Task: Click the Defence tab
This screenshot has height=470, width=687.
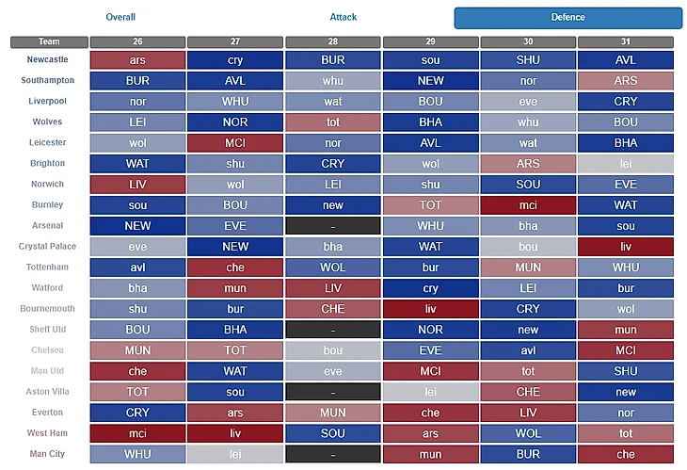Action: point(567,17)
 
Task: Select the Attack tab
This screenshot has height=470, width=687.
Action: point(343,17)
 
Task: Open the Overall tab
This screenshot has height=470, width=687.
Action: point(120,17)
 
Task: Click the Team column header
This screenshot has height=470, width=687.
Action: point(49,41)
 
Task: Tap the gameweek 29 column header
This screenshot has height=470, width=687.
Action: point(430,41)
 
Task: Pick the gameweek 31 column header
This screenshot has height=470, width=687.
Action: point(626,41)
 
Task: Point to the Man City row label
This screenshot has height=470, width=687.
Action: point(47,453)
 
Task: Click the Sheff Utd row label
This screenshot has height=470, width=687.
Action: point(47,329)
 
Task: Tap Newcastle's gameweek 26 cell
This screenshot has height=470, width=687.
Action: point(137,59)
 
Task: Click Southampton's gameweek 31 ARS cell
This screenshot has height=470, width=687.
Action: point(626,80)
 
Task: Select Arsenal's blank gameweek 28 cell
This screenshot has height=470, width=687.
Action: point(333,225)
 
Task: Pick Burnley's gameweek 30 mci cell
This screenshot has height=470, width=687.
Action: point(528,204)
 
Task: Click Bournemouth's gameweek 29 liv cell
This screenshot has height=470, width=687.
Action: point(430,308)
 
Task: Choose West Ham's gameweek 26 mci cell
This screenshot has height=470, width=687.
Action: point(137,432)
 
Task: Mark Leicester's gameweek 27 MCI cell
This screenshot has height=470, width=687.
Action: point(235,142)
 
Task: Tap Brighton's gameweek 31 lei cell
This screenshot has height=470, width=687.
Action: point(626,163)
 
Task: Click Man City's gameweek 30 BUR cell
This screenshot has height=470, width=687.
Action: point(528,454)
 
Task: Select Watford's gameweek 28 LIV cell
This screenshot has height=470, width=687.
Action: point(333,287)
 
